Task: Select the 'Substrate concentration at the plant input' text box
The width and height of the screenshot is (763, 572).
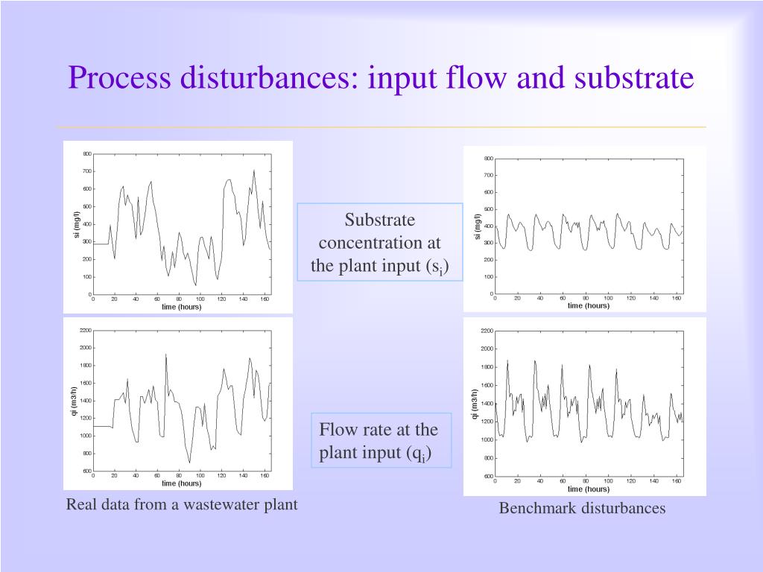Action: (x=380, y=243)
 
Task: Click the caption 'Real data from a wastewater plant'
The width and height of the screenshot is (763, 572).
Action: (x=182, y=505)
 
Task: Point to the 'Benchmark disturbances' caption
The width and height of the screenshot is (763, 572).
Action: (x=582, y=509)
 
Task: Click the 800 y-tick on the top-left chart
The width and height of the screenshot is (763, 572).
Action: (x=87, y=154)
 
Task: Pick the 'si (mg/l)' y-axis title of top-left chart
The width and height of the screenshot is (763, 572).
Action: (x=76, y=225)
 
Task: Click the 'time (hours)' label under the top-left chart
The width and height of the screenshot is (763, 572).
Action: (x=182, y=307)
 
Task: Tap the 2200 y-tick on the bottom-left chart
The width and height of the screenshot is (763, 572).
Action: (x=86, y=330)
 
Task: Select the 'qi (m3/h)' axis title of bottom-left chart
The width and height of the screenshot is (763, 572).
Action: (x=75, y=401)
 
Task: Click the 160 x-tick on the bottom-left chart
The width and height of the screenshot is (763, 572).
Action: (x=265, y=475)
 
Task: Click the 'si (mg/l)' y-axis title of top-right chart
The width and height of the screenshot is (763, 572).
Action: (x=477, y=226)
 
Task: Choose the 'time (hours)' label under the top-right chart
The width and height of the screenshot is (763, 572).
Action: (x=588, y=306)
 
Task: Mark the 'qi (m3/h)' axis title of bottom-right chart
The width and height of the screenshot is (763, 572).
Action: (x=475, y=404)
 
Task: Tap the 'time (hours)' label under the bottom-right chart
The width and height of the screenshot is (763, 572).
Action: (x=588, y=489)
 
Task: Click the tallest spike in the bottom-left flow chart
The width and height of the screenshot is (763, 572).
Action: (x=165, y=355)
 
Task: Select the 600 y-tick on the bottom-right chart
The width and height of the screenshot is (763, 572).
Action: (x=487, y=476)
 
